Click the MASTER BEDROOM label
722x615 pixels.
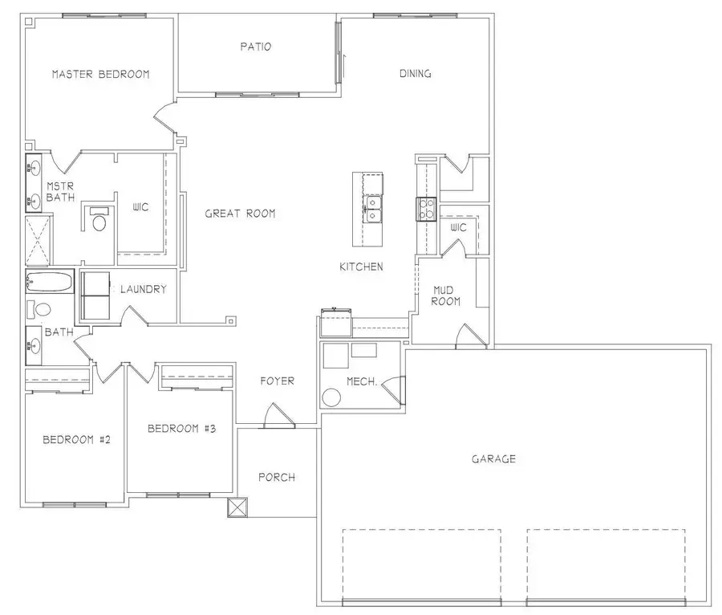point(100,75)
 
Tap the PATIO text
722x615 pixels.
point(255,47)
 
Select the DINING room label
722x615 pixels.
point(416,74)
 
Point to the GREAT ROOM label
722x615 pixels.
point(240,214)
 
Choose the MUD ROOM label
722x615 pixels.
point(446,295)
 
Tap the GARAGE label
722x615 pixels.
point(493,459)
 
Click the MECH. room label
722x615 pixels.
point(362,382)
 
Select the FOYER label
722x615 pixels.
point(278,381)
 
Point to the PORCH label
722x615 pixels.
point(276,478)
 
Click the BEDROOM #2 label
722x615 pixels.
point(76,440)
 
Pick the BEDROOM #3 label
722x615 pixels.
point(182,429)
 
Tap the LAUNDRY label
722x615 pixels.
point(143,290)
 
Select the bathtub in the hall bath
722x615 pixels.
point(49,283)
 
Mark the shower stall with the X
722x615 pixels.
point(37,240)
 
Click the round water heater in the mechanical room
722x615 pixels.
point(331,397)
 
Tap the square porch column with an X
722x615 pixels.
point(238,507)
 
